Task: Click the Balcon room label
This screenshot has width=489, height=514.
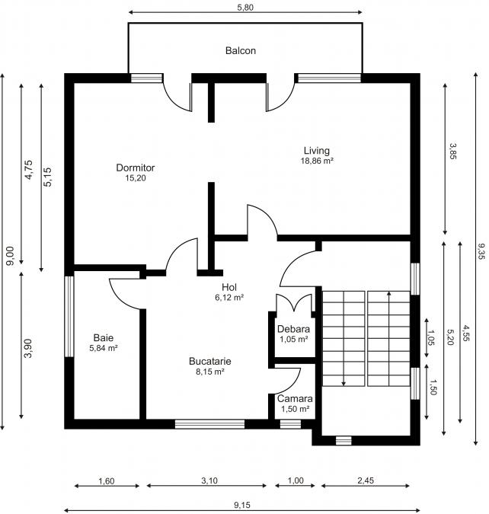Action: [240, 51]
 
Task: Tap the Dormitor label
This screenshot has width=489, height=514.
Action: [136, 168]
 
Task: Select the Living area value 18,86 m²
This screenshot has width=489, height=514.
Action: [318, 161]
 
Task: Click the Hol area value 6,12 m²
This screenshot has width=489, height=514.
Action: [229, 298]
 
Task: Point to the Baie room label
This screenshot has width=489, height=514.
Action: [104, 337]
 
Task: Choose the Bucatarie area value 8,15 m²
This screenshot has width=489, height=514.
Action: [210, 372]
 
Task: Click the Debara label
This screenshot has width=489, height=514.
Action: [293, 329]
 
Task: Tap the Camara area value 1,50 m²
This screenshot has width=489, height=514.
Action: [294, 409]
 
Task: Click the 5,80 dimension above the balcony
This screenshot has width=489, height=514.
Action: [245, 6]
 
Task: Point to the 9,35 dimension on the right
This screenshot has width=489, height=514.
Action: [481, 252]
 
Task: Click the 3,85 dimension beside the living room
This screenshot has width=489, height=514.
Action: [453, 151]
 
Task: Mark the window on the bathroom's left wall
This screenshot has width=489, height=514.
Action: [69, 316]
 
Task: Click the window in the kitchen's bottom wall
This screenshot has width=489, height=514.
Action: [199, 424]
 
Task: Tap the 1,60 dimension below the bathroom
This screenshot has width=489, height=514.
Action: [107, 480]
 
